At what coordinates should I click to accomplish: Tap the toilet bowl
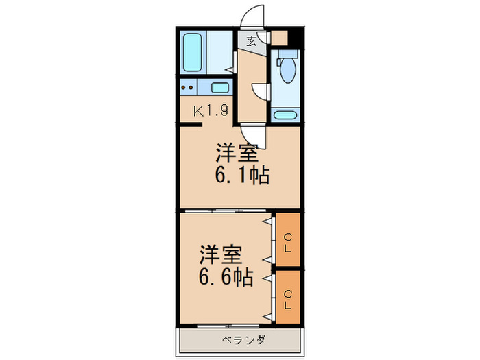[x=285, y=71]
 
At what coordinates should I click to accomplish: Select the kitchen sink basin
[x=220, y=88]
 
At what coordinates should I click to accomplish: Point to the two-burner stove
[x=188, y=88]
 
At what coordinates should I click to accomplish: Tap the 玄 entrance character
[x=252, y=41]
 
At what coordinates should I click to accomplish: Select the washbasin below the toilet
[x=283, y=114]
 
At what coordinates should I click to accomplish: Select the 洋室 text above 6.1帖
[x=239, y=151]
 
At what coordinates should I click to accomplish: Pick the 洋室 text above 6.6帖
[x=221, y=255]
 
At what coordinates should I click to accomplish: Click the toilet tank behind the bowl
[x=285, y=58]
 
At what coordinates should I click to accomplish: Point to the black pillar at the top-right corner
[x=296, y=37]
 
